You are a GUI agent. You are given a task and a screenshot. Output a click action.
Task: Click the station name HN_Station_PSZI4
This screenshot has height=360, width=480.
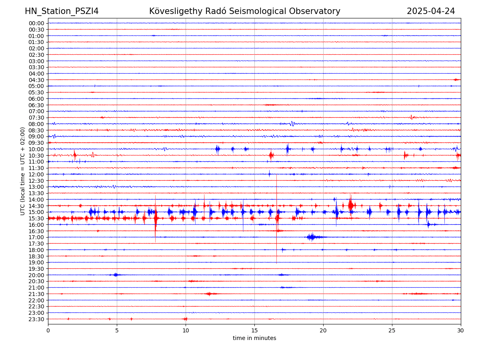[62, 11]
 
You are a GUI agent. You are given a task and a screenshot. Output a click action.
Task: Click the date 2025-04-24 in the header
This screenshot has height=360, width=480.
[431, 11]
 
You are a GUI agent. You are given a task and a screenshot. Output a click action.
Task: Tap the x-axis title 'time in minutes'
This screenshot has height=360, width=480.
[254, 338]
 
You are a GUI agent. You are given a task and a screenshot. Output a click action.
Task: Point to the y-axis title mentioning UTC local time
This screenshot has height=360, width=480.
[23, 171]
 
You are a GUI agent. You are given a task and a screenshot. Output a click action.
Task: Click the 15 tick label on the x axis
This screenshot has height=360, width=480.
[254, 330]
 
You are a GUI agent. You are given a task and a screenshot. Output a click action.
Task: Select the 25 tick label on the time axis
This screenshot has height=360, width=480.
[392, 330]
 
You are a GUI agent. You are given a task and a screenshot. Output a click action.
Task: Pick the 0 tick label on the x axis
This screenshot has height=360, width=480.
[48, 330]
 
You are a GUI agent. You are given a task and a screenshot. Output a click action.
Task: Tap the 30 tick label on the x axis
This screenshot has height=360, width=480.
[461, 330]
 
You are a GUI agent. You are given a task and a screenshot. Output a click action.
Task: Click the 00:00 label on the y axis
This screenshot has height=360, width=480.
[36, 23]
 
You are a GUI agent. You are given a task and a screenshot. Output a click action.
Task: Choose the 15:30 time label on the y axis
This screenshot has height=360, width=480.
[36, 218]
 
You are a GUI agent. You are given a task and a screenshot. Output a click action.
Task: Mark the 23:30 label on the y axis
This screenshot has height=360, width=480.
[36, 319]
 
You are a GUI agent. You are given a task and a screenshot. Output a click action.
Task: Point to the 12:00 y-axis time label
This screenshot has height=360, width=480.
[36, 174]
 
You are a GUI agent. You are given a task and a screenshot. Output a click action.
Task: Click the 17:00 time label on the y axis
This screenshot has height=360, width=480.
[36, 237]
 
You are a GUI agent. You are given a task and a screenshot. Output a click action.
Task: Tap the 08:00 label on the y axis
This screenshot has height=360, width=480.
[36, 124]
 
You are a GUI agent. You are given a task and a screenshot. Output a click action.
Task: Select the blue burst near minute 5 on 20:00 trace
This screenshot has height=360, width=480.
[116, 275]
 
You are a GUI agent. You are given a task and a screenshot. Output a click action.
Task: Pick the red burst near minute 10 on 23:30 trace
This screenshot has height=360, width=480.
[185, 319]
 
